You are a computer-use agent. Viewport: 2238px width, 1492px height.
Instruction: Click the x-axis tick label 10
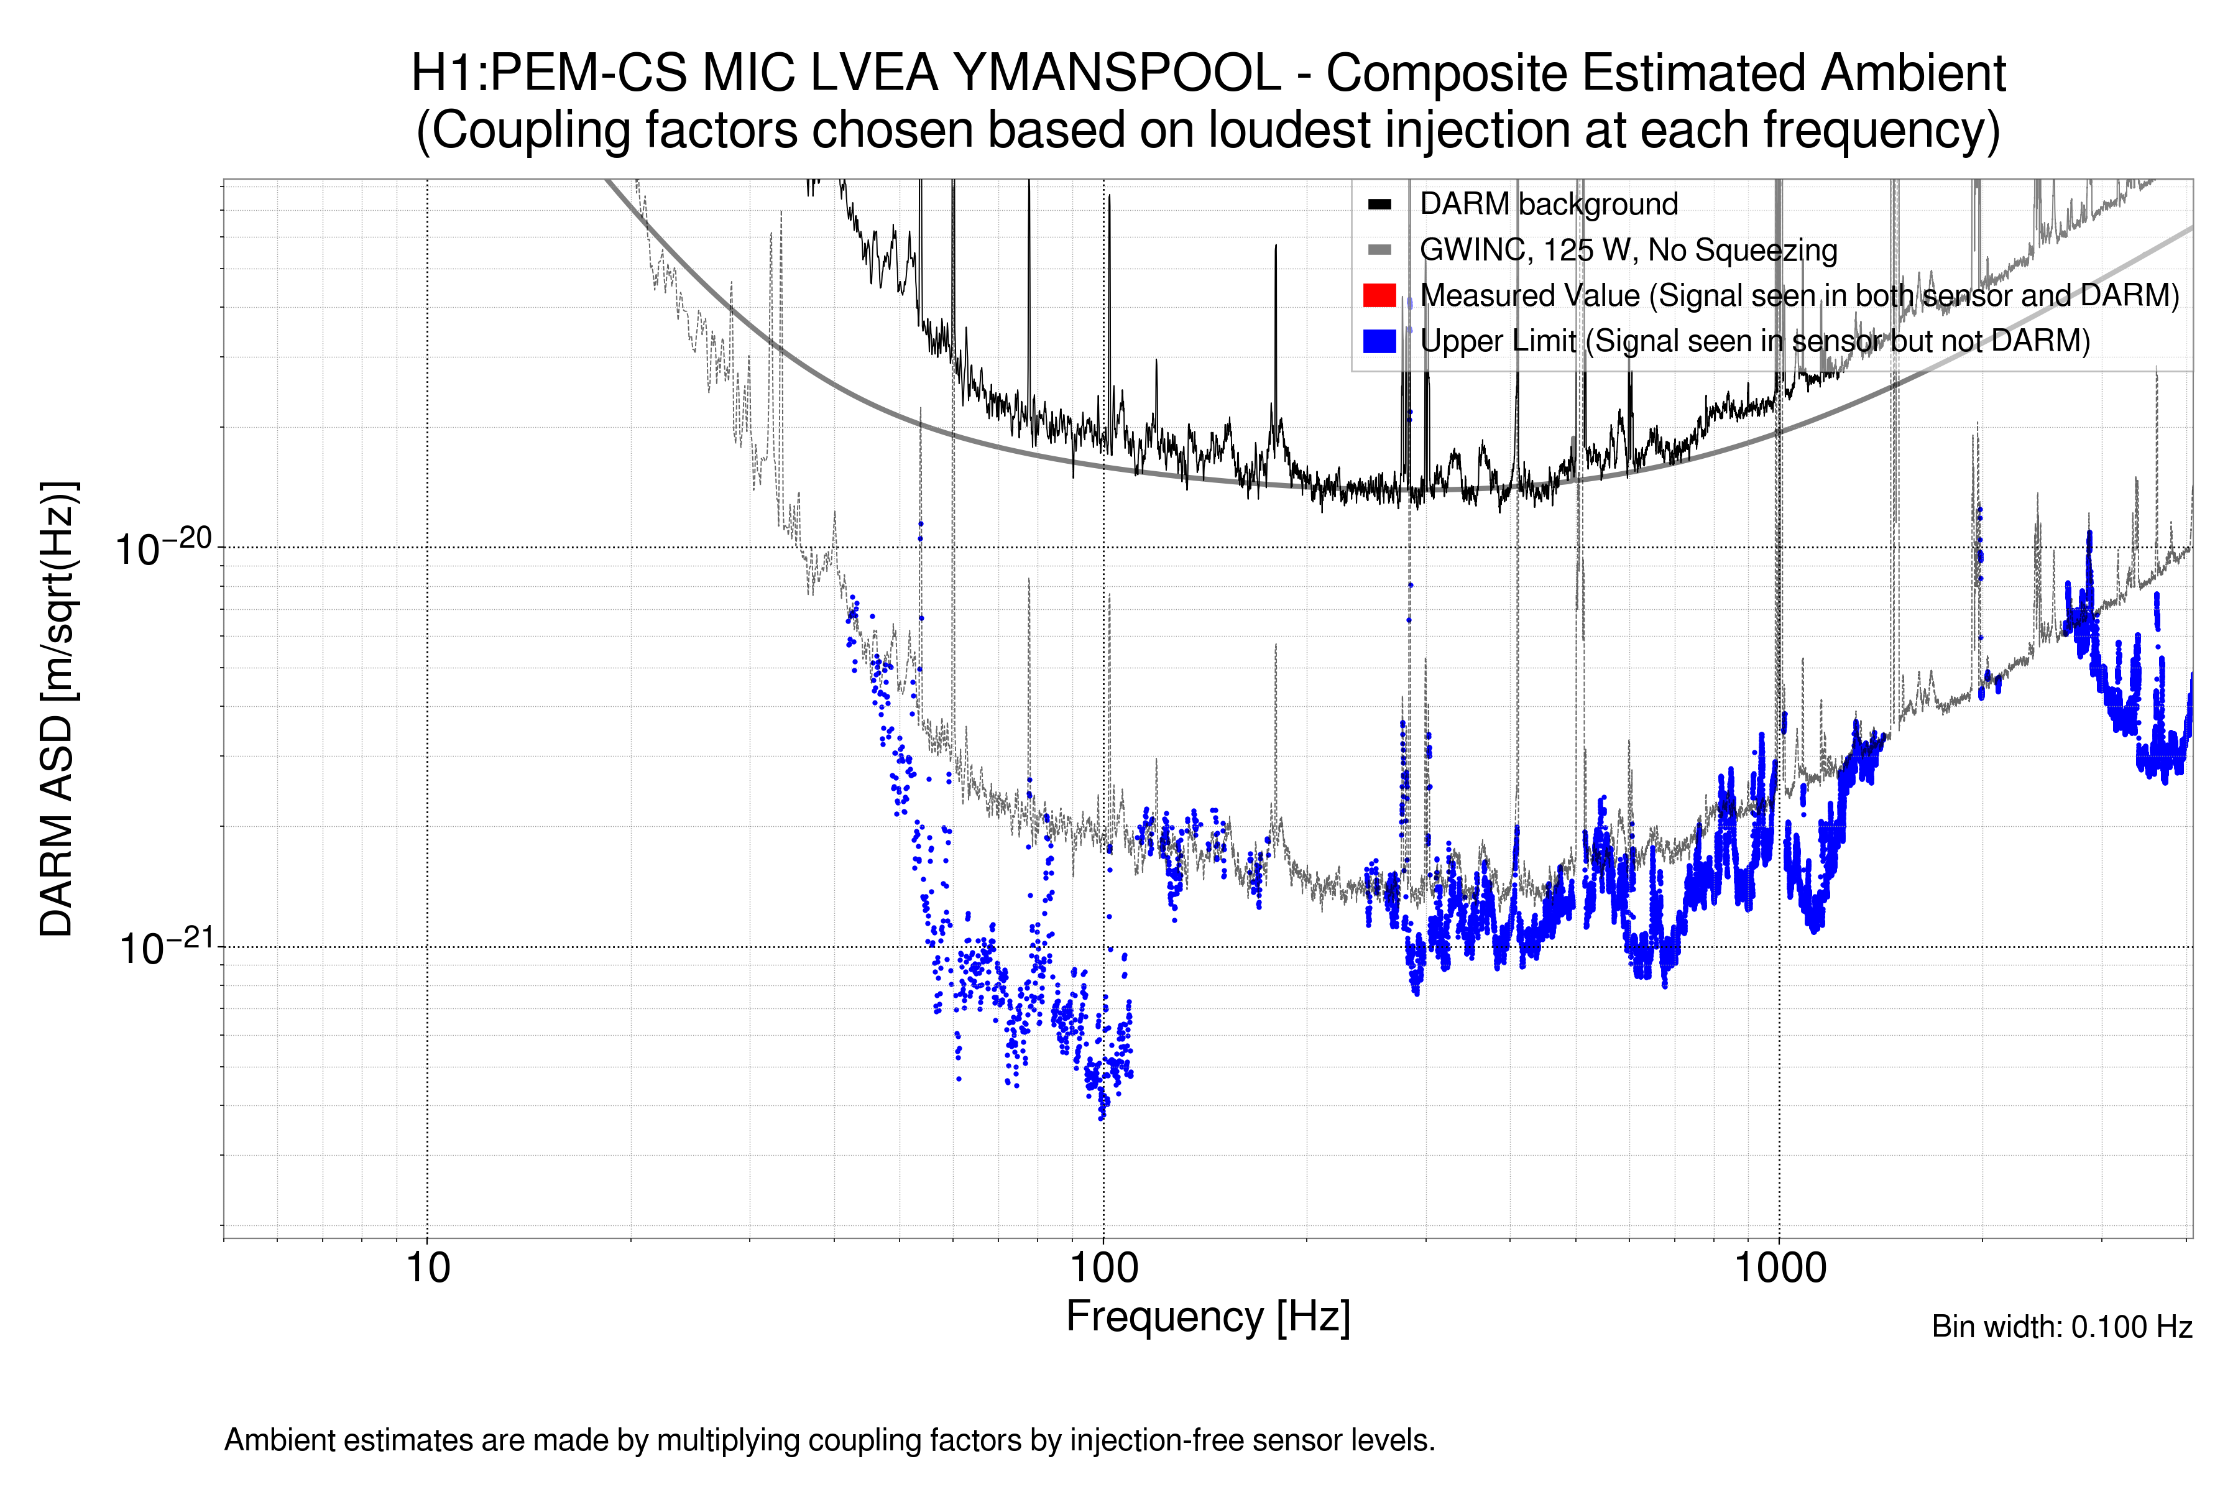pos(427,1268)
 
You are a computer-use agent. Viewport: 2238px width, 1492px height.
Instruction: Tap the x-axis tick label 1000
pos(1779,1268)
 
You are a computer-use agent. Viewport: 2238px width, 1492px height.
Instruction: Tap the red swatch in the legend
pos(1379,295)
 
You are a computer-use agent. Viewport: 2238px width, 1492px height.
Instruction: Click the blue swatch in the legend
pos(1379,341)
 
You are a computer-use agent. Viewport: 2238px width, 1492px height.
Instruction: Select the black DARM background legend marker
pos(1379,205)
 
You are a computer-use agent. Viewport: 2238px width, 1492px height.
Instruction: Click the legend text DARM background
pos(1548,205)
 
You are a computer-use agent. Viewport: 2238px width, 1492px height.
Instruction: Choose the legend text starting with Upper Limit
pos(1754,341)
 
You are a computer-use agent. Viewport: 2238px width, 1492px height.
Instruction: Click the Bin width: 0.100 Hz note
pos(2061,1327)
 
